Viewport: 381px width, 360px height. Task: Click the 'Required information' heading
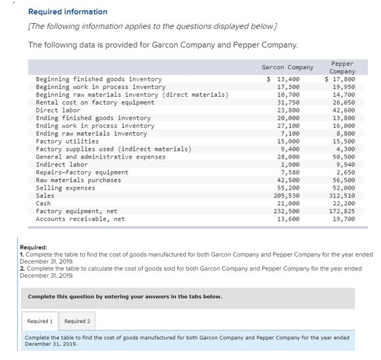pyautogui.click(x=68, y=12)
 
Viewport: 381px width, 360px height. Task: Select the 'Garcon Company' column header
pyautogui.click(x=288, y=68)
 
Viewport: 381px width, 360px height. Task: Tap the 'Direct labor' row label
pyautogui.click(x=58, y=111)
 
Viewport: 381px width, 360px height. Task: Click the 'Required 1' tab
pyautogui.click(x=39, y=321)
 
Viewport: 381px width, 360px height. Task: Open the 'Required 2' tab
pyautogui.click(x=77, y=321)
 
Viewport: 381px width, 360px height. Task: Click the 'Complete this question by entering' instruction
pyautogui.click(x=124, y=296)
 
